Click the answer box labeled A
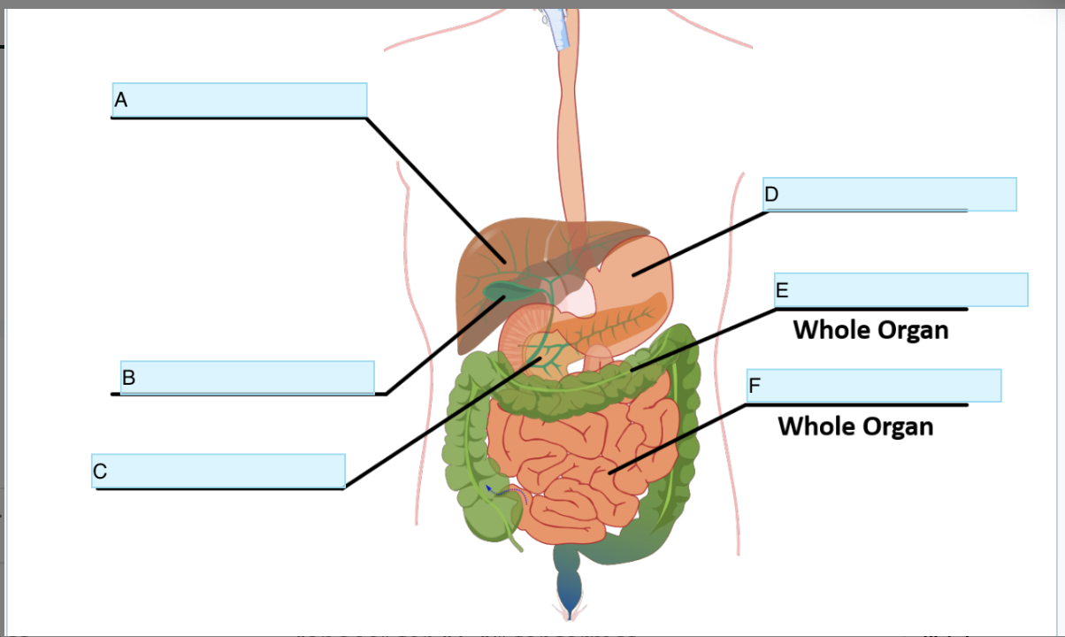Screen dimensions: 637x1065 tap(240, 99)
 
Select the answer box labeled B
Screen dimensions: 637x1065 tap(248, 377)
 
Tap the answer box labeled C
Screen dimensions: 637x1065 tap(218, 471)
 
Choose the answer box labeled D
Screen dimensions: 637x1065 tap(890, 194)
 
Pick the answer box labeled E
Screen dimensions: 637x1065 tap(900, 289)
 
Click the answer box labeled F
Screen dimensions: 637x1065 tap(874, 386)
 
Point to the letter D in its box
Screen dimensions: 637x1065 tap(771, 195)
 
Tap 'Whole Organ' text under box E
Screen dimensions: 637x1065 tap(870, 330)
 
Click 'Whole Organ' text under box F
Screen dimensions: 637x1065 tap(855, 426)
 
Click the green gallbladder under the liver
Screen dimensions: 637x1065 tap(510, 289)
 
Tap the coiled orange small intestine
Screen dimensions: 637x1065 tap(575, 460)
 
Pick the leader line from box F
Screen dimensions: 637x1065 tap(681, 439)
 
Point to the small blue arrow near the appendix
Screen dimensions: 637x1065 tap(487, 487)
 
